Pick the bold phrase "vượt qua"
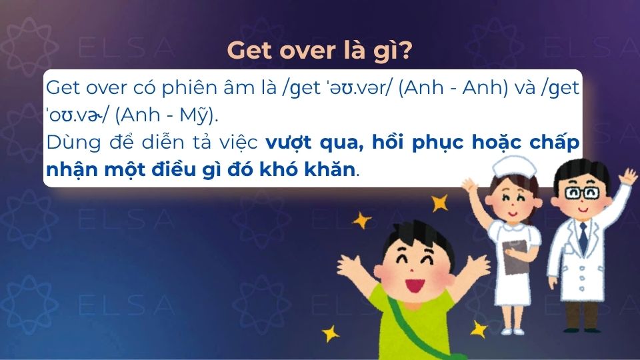pyautogui.click(x=297, y=143)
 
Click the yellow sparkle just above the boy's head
pyautogui.click(x=439, y=203)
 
